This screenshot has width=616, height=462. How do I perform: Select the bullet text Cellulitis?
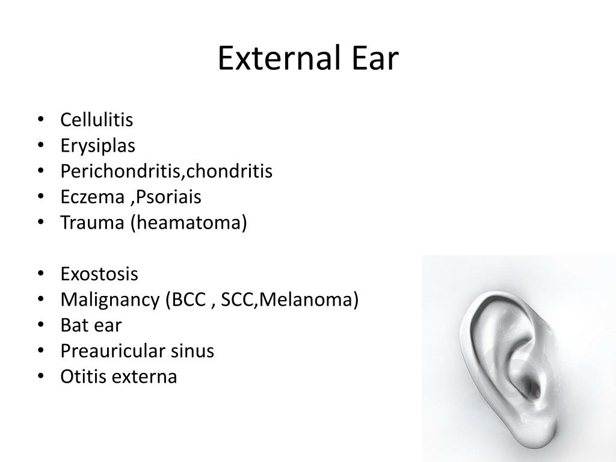96,120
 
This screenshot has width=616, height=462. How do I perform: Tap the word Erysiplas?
97,146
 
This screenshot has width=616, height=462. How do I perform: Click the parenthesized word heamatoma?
188,223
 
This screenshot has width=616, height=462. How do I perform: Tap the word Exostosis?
99,274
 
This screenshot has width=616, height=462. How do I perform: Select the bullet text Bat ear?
91,325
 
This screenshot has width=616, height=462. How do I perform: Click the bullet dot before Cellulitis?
40,120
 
